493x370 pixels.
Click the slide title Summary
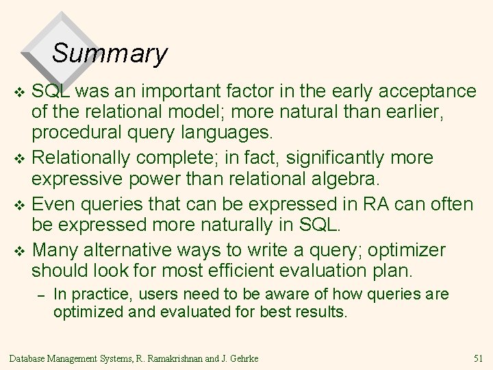click(110, 53)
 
